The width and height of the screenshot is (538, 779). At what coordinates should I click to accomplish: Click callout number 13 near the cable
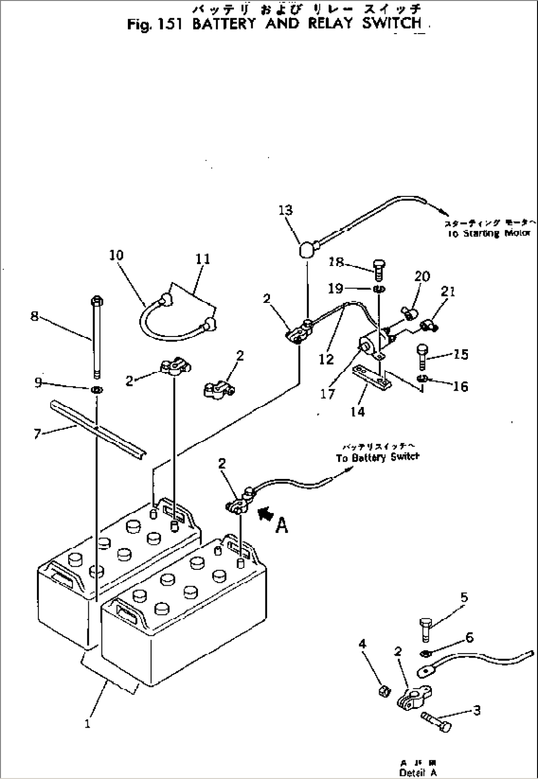click(x=285, y=210)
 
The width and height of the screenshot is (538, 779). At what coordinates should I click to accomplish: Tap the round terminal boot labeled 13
click(x=306, y=249)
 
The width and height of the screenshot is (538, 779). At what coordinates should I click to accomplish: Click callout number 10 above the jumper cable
click(x=116, y=255)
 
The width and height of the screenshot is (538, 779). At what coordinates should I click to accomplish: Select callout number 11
click(x=203, y=259)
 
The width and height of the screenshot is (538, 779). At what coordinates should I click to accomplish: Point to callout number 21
click(x=448, y=291)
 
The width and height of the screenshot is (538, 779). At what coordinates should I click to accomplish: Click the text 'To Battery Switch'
click(x=378, y=457)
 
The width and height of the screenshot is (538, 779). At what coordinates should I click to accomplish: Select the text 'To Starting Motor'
click(x=488, y=233)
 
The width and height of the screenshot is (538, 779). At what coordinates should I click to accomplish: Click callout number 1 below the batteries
click(x=87, y=724)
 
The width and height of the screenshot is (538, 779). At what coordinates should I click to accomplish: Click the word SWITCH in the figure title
click(x=392, y=23)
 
